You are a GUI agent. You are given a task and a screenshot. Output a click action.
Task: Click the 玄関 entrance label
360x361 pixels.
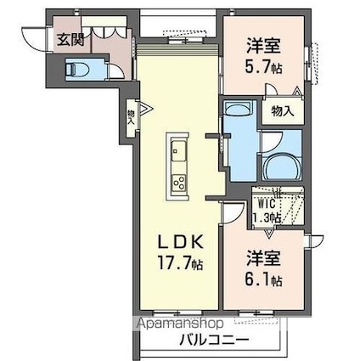tap(70, 40)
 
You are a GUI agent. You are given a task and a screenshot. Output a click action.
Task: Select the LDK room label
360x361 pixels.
tap(180, 242)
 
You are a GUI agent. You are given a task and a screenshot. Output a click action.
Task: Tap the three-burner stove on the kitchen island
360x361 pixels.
tap(179, 182)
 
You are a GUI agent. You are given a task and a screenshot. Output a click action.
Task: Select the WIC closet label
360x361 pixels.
tap(267, 204)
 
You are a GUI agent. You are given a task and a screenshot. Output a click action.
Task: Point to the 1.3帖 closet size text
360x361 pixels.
tap(267, 217)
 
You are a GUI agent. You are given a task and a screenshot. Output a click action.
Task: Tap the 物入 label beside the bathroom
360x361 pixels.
tap(282, 111)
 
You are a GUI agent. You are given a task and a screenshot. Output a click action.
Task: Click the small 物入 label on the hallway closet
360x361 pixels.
tap(131, 117)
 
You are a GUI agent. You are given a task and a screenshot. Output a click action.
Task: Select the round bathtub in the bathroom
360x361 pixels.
tap(282, 166)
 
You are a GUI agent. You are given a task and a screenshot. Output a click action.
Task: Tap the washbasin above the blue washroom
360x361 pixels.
tap(239, 108)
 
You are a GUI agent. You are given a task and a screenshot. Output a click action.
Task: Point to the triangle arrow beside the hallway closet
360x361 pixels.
tap(146, 109)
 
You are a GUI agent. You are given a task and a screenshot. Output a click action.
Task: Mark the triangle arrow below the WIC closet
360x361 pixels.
tap(269, 233)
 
